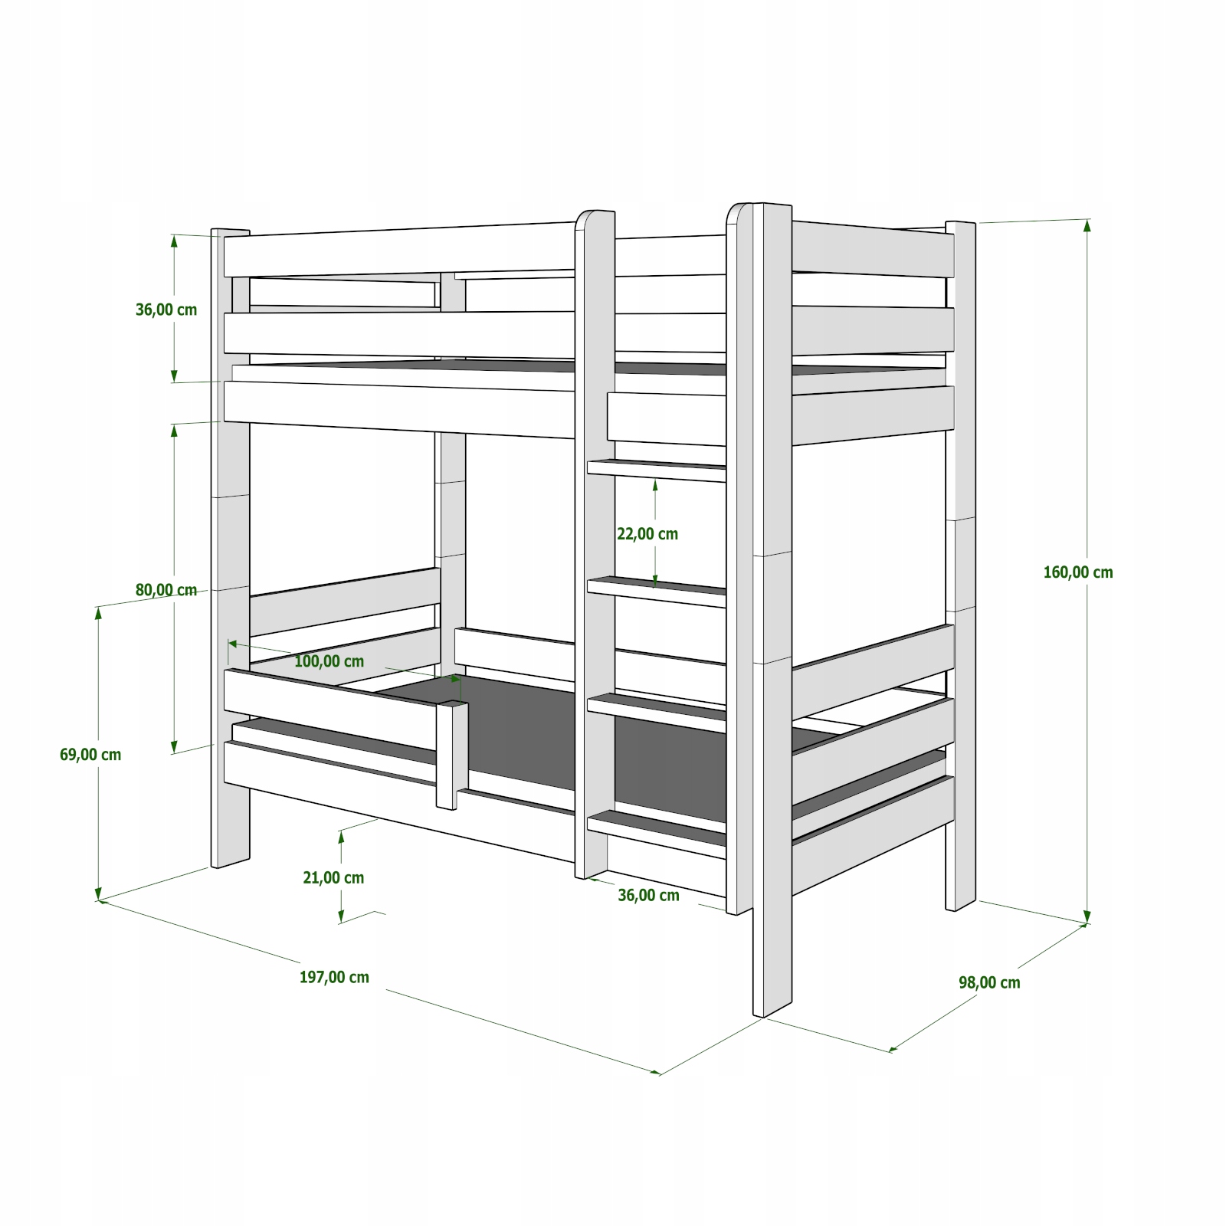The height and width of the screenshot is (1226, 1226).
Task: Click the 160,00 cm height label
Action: point(1077,572)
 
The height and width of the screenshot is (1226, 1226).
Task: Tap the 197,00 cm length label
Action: point(334,977)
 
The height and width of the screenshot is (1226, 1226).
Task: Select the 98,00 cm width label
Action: point(989,982)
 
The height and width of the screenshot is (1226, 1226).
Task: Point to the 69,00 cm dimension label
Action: point(90,755)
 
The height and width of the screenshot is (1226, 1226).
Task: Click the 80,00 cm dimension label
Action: point(166,590)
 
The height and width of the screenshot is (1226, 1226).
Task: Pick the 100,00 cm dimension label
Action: point(329,661)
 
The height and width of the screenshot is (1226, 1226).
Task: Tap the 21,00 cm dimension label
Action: point(333,878)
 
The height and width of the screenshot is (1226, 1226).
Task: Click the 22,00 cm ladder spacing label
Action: point(647,534)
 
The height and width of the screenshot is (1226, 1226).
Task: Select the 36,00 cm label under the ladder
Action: point(648,895)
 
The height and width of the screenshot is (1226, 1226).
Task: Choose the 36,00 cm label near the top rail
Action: point(166,310)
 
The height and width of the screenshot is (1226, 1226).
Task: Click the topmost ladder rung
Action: point(656,470)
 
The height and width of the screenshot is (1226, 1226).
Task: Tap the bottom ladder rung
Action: point(656,831)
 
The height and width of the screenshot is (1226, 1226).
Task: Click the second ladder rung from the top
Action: point(656,592)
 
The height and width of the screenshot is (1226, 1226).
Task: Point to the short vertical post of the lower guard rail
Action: point(452,755)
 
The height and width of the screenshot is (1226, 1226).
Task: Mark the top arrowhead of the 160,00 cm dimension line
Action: point(1087,225)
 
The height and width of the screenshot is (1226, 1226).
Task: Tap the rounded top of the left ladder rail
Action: point(595,218)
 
